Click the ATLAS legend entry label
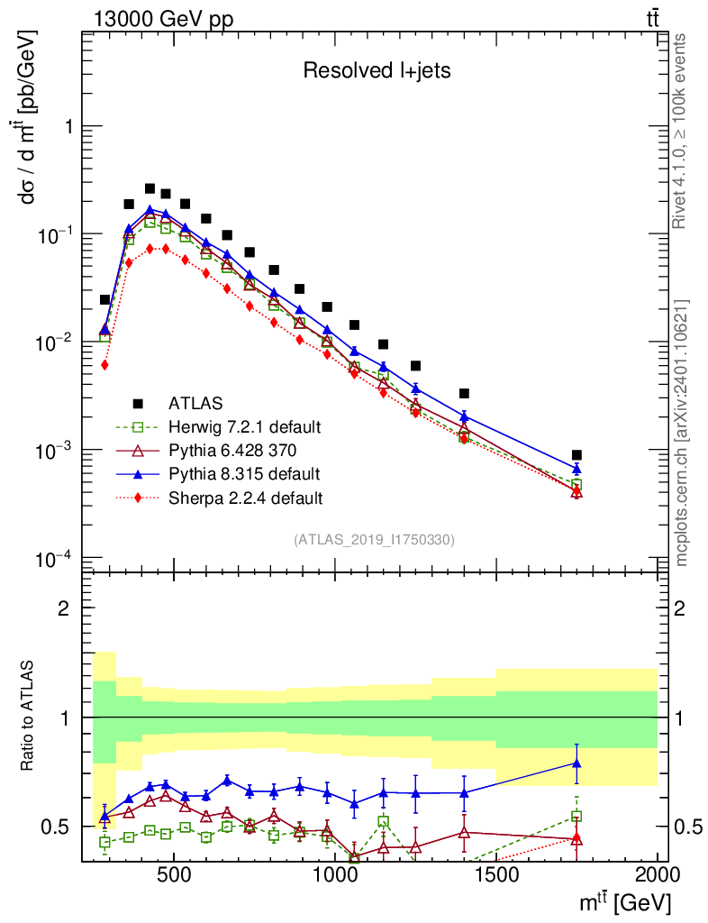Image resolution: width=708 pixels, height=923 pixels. point(195,402)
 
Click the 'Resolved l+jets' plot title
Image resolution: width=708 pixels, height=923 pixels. point(377,71)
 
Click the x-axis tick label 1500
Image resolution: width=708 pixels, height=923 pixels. point(495,875)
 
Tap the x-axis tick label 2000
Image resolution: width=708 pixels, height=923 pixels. point(657,875)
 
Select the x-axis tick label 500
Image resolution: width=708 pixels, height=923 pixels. point(174,875)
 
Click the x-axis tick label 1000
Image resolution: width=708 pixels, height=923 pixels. point(334,875)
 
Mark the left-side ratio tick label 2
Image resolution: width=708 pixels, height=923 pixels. point(64,608)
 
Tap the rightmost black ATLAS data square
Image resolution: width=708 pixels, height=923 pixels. point(576,455)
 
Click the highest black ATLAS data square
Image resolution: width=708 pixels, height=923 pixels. point(150,188)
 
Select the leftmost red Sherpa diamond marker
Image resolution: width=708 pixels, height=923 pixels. point(105,365)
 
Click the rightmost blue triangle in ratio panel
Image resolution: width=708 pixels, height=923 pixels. point(576,763)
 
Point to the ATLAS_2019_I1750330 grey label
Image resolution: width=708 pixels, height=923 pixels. point(374,539)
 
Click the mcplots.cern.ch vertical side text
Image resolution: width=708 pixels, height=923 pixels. point(682,433)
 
